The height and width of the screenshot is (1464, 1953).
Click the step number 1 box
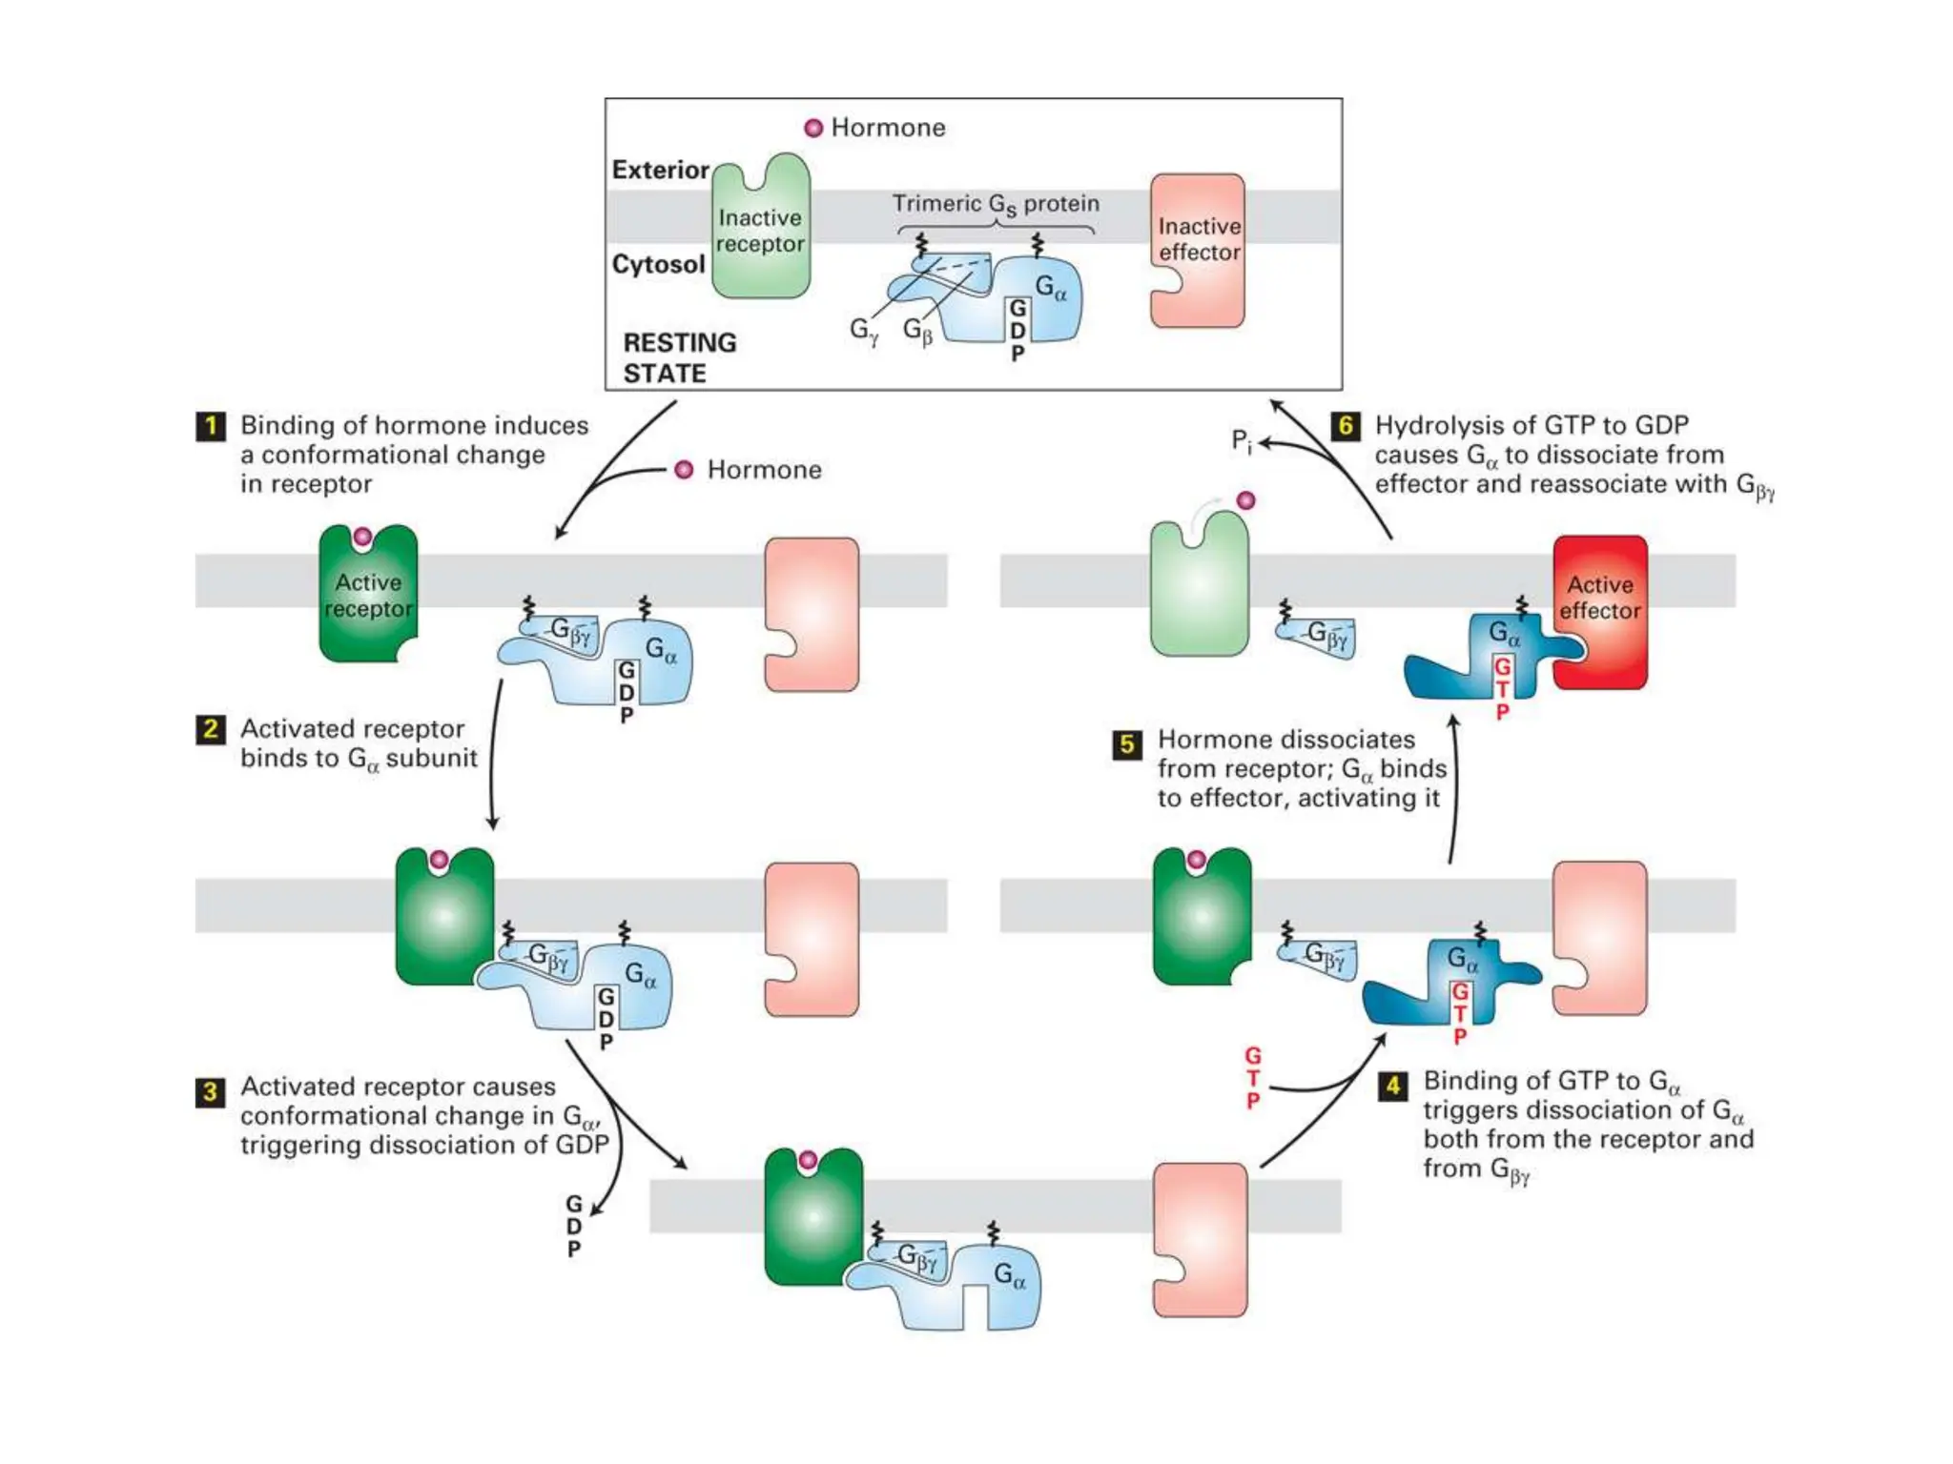pyautogui.click(x=211, y=425)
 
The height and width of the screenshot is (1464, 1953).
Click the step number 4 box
pyautogui.click(x=1392, y=1085)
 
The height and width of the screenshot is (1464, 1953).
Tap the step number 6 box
pyautogui.click(x=1346, y=425)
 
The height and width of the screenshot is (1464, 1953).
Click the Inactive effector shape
pyautogui.click(x=1199, y=250)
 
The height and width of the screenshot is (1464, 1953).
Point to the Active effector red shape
pyautogui.click(x=1600, y=610)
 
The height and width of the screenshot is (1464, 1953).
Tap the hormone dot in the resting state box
pyautogui.click(x=813, y=129)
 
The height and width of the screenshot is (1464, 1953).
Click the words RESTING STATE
pyautogui.click(x=679, y=357)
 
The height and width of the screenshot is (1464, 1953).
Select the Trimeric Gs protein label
pyautogui.click(x=996, y=204)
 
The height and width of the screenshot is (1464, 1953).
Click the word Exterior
pyautogui.click(x=660, y=170)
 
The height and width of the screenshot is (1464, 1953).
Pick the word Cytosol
pyautogui.click(x=658, y=264)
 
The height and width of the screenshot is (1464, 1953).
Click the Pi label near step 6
pyautogui.click(x=1241, y=441)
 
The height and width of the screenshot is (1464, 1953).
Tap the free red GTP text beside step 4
pyautogui.click(x=1253, y=1078)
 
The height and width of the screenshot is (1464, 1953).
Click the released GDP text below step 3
pyautogui.click(x=573, y=1227)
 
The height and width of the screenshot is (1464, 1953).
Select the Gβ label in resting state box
pyautogui.click(x=917, y=331)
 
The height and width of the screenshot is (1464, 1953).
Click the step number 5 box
pyautogui.click(x=1127, y=743)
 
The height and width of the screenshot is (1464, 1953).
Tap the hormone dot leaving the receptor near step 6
pyautogui.click(x=1245, y=500)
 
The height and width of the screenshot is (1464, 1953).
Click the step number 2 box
pyautogui.click(x=211, y=730)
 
